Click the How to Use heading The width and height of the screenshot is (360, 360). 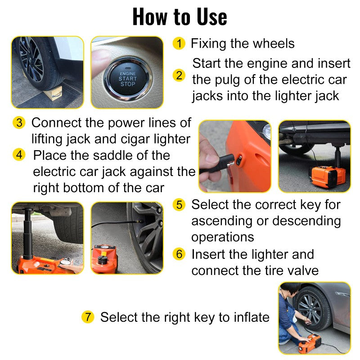click(180, 17)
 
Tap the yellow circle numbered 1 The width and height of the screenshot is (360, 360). click(179, 44)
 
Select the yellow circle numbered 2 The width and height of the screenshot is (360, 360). click(180, 76)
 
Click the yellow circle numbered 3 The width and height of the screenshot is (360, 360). click(19, 122)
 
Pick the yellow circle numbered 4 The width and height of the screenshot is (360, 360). click(19, 155)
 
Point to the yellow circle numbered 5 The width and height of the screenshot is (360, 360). click(180, 204)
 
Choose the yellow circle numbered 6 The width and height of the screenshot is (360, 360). click(180, 254)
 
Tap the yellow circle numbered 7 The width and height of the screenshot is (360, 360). click(88, 317)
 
